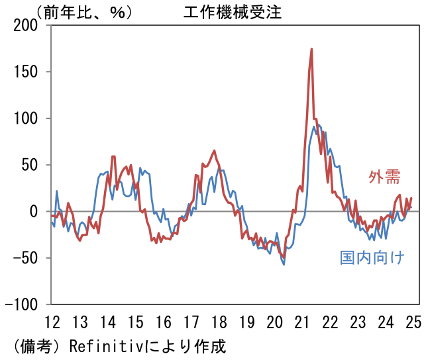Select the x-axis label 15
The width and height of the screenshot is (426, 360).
[x=135, y=322]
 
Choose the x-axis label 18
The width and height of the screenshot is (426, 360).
[x=219, y=322]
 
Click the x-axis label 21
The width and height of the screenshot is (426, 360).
[x=302, y=322]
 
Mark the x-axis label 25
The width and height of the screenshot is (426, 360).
[x=413, y=322]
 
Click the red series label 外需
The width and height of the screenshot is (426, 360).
[x=384, y=177]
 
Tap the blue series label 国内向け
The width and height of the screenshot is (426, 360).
[x=372, y=257]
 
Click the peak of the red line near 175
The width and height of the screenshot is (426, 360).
[x=311, y=49]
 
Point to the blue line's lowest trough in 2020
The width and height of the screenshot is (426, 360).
[x=284, y=265]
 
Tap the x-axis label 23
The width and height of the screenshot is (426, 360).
[x=358, y=322]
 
